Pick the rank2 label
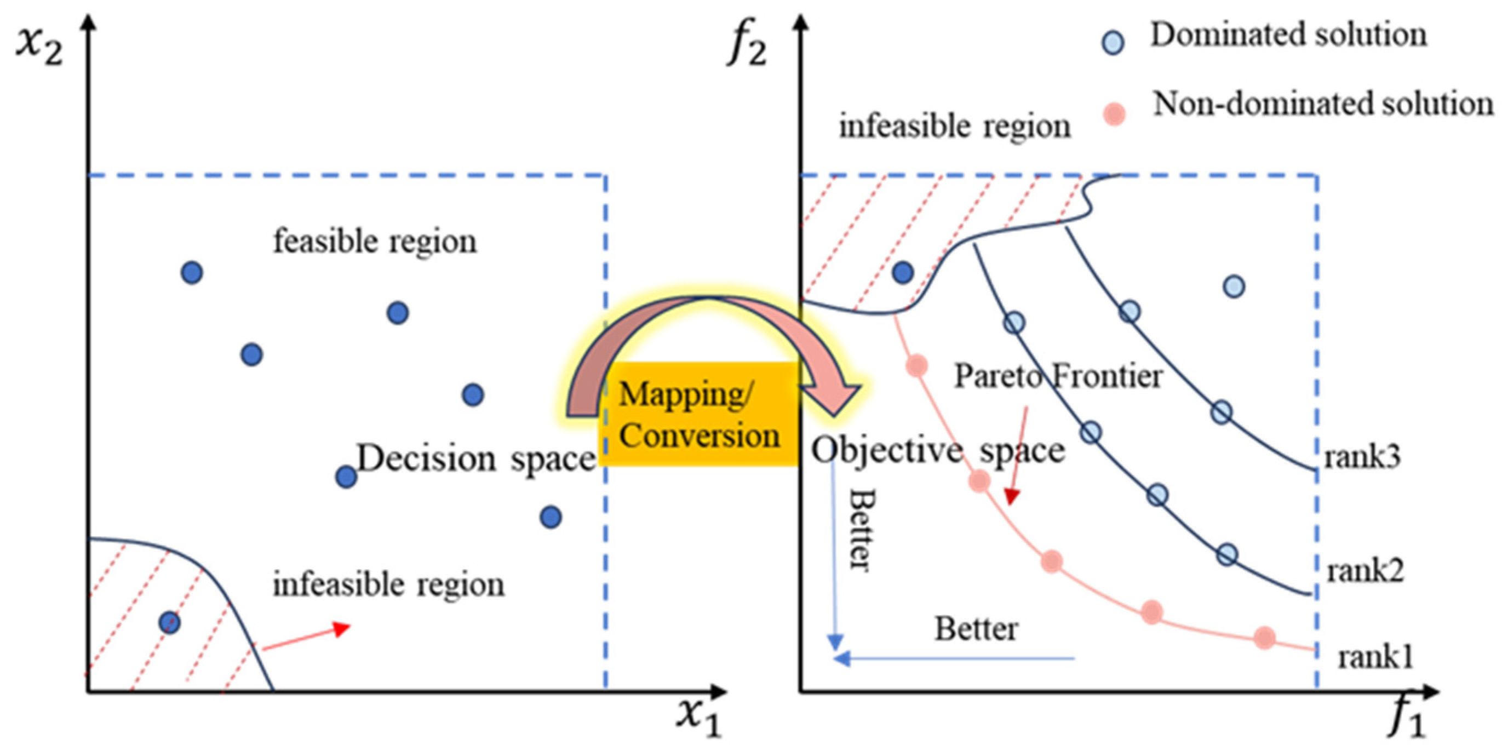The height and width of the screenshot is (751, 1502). (1365, 571)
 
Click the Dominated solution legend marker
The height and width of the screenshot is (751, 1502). (1113, 43)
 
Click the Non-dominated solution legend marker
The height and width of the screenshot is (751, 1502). (1114, 114)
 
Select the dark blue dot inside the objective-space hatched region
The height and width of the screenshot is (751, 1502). (903, 272)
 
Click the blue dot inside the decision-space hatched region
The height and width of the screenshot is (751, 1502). (170, 622)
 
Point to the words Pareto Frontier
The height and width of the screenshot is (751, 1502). (1058, 376)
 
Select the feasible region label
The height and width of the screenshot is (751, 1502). (374, 242)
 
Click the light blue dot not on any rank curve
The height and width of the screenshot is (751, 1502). (1234, 286)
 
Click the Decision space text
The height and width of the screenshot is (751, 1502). (475, 460)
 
